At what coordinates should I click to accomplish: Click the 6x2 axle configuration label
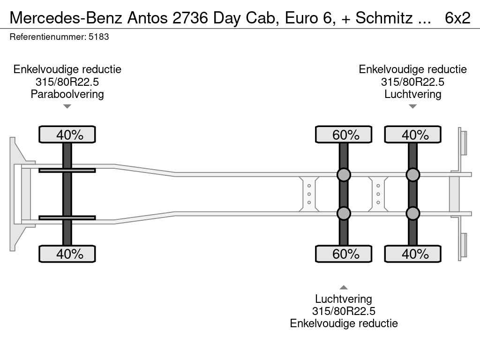(x=457, y=18)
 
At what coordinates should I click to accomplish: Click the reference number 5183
(x=98, y=37)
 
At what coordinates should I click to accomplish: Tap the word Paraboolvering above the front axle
(x=67, y=94)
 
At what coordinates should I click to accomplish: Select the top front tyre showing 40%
(x=67, y=135)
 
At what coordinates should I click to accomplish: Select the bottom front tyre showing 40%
(x=67, y=254)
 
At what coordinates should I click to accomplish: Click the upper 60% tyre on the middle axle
(x=344, y=135)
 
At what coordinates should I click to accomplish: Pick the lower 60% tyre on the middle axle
(x=344, y=254)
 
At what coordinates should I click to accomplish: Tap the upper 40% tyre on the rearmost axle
(x=412, y=135)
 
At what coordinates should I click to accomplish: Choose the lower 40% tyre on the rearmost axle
(x=412, y=254)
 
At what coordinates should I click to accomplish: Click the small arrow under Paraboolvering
(x=67, y=106)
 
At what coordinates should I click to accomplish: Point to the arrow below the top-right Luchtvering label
(x=412, y=106)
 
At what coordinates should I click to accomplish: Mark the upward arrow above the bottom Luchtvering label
(x=344, y=287)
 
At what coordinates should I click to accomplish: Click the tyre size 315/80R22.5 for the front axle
(x=67, y=82)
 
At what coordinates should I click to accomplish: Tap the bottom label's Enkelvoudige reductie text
(x=344, y=323)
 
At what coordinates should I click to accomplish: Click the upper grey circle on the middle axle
(x=344, y=175)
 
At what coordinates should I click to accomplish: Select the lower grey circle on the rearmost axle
(x=412, y=213)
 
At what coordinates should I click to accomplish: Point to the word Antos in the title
(x=148, y=18)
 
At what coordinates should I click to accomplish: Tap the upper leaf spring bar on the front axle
(x=67, y=170)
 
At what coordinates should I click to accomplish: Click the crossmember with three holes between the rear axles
(x=378, y=194)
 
